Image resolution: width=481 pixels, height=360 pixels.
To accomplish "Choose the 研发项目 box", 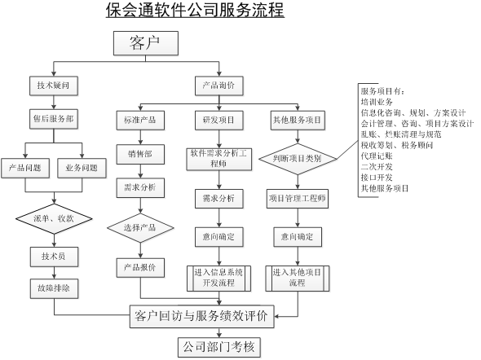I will pyautogui.click(x=218, y=121).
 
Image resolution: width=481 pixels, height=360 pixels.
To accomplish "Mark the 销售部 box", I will pyautogui.click(x=140, y=154).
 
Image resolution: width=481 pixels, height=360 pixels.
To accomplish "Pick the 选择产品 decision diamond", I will pyautogui.click(x=140, y=226).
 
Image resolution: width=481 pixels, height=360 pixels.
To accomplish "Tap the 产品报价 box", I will pyautogui.click(x=140, y=266).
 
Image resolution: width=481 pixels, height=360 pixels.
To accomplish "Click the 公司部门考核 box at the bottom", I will pyautogui.click(x=220, y=348).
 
